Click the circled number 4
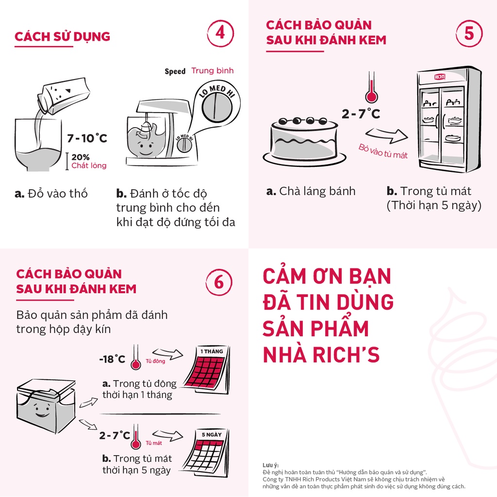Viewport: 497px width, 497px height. coord(220,33)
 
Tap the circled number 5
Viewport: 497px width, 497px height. coord(469,33)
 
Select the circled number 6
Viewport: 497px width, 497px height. coord(219,282)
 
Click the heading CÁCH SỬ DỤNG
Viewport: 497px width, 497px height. coord(63,37)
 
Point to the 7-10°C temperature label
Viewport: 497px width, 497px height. coord(87,138)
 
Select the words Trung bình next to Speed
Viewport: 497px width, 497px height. coord(212,71)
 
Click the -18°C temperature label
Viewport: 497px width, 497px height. coord(112,359)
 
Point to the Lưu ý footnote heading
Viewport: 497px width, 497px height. coord(271,465)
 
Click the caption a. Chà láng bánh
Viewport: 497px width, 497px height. coord(311,191)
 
